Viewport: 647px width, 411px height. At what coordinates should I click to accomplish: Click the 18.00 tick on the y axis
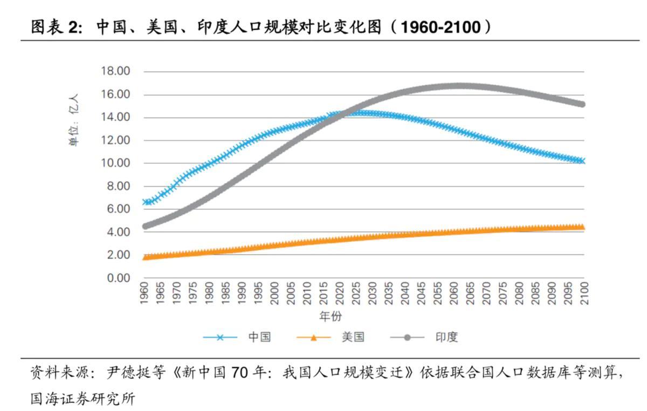tap(115, 71)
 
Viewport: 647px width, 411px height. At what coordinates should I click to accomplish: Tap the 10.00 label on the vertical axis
tap(115, 163)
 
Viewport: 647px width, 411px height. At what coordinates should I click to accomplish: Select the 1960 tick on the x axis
tap(144, 294)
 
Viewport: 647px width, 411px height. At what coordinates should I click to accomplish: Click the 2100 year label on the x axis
tap(583, 294)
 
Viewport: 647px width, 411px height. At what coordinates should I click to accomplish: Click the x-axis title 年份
tap(330, 316)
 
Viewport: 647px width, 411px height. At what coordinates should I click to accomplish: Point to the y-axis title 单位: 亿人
tap(74, 121)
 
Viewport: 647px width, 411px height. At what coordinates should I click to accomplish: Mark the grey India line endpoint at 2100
tap(582, 104)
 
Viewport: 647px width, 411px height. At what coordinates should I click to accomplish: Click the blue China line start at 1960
tap(145, 202)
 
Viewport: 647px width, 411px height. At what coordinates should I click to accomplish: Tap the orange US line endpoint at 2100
tap(582, 227)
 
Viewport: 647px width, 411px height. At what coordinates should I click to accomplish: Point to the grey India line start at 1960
tap(145, 226)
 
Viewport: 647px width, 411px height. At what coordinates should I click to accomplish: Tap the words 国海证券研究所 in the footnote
tap(82, 399)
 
